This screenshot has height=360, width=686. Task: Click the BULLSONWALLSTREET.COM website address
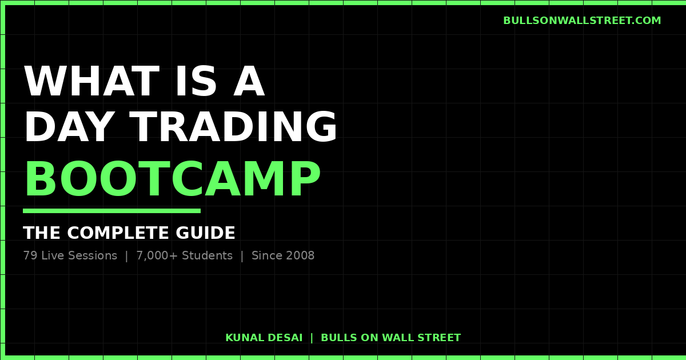click(x=582, y=21)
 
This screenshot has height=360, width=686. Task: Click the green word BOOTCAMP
click(x=172, y=181)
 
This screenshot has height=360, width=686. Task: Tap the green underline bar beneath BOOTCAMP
click(x=111, y=211)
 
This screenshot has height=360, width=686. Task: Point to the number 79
click(x=30, y=256)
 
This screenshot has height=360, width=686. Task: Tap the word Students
click(x=207, y=256)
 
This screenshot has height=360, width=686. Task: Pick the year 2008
click(x=300, y=256)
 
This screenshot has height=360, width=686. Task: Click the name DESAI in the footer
click(x=284, y=338)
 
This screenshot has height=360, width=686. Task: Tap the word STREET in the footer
click(x=440, y=338)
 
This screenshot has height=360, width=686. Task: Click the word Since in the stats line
click(x=266, y=256)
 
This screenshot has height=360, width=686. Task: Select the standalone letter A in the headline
click(x=249, y=82)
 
